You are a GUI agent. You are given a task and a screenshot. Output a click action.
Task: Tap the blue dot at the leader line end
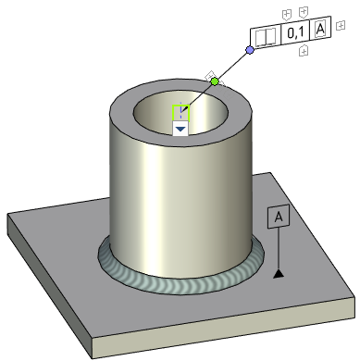coord(249,50)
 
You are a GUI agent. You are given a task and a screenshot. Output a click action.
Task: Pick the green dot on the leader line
coord(216,81)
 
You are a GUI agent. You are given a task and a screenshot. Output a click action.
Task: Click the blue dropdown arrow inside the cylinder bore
coord(180,130)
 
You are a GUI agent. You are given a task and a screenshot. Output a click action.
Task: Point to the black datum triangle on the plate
coord(278,274)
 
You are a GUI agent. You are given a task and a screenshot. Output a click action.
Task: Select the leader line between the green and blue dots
coord(232,66)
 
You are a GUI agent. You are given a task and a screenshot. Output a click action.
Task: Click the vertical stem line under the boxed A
coord(278,250)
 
